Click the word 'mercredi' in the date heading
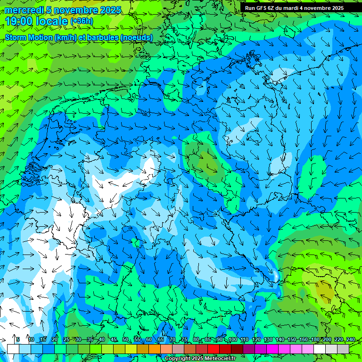[x=23, y=10]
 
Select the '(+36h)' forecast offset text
[x=82, y=21]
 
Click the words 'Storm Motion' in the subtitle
[x=29, y=37]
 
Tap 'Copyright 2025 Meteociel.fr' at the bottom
[x=200, y=359]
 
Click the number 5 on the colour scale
[x=18, y=340]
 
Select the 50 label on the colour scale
[x=125, y=340]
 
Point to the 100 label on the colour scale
[x=232, y=340]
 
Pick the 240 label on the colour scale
[x=350, y=340]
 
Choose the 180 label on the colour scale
[x=315, y=340]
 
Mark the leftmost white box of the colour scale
[x=13, y=349]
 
